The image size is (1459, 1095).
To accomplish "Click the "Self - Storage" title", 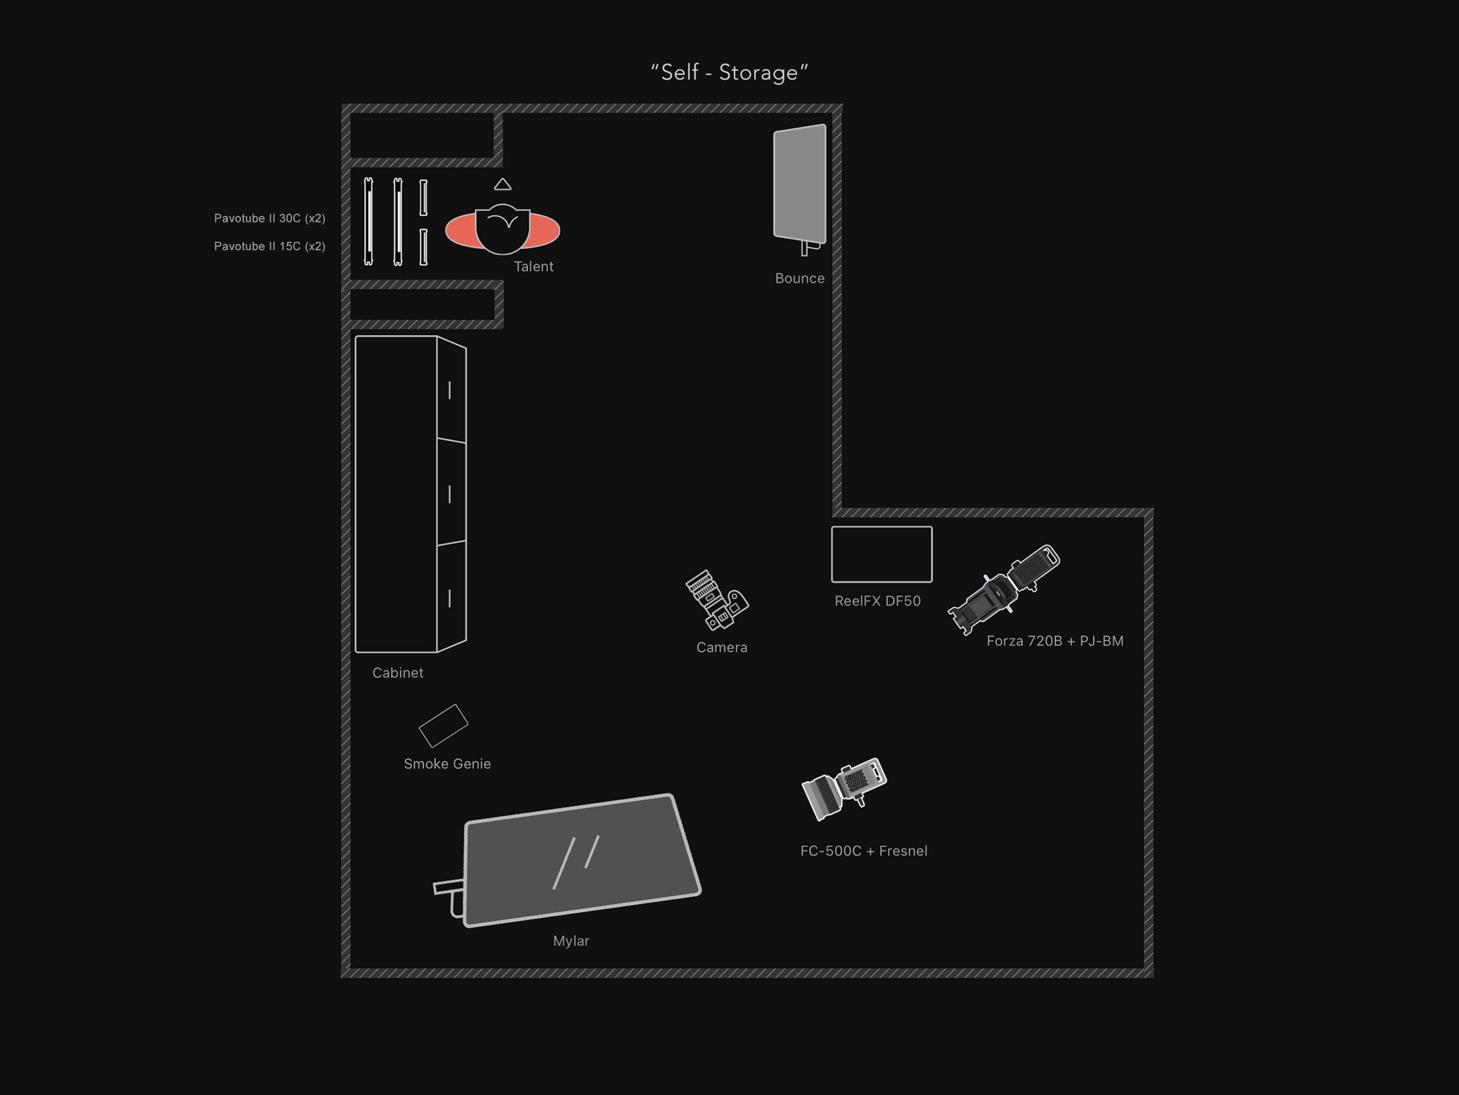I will pyautogui.click(x=729, y=72).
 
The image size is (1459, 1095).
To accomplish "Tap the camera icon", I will pyautogui.click(x=716, y=600).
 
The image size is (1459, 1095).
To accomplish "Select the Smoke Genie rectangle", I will pyautogui.click(x=443, y=726).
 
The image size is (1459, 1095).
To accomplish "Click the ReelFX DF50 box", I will pyautogui.click(x=881, y=554).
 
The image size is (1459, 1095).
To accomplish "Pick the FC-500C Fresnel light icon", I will pyautogui.click(x=843, y=788).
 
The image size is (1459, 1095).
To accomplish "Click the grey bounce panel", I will pyautogui.click(x=800, y=183).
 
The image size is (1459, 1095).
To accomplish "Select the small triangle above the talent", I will pyautogui.click(x=503, y=185).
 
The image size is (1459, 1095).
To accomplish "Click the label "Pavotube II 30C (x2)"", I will pyautogui.click(x=269, y=218).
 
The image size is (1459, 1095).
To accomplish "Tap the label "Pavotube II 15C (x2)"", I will pyautogui.click(x=269, y=247).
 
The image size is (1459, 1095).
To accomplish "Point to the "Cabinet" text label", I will pyautogui.click(x=398, y=673).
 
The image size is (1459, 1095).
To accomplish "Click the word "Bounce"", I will pyautogui.click(x=800, y=278).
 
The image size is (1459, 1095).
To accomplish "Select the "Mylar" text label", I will pyautogui.click(x=571, y=941).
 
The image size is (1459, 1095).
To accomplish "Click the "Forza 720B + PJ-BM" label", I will pyautogui.click(x=1055, y=641).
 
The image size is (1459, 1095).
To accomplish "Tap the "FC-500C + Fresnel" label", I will pyautogui.click(x=863, y=851).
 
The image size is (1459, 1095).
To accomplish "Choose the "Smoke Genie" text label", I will pyautogui.click(x=447, y=764).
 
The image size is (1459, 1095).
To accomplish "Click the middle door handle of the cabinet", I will pyautogui.click(x=450, y=494).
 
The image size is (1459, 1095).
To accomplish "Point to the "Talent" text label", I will pyautogui.click(x=533, y=267).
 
